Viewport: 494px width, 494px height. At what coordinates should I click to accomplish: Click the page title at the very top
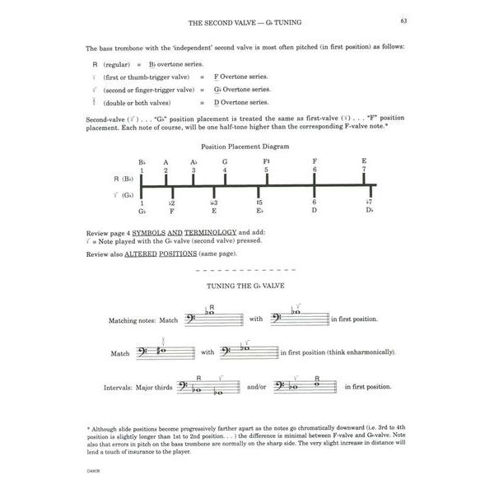246,22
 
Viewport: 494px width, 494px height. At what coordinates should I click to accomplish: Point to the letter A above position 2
165,162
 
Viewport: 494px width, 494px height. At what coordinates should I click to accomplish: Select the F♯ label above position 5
267,162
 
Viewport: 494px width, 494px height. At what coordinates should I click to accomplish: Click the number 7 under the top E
364,170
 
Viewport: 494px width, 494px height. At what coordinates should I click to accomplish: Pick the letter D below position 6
314,211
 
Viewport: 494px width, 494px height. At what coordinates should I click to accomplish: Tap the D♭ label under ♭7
370,211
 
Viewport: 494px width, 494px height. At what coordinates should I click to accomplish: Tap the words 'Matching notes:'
132,320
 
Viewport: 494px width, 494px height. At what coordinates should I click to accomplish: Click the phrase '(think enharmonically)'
360,352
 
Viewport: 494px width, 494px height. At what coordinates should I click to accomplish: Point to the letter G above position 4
225,162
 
